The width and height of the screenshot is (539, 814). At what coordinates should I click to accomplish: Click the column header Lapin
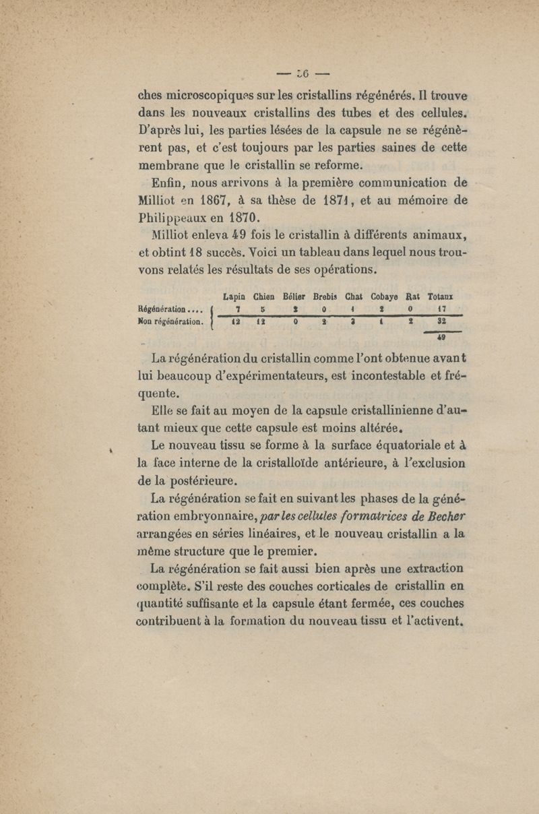(x=234, y=295)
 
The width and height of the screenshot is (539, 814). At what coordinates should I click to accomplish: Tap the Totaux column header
(x=442, y=295)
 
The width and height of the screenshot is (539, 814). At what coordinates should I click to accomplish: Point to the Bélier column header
(x=297, y=295)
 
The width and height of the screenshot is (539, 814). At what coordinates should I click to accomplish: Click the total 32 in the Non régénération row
(x=443, y=322)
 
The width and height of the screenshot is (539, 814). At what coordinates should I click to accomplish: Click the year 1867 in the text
(x=213, y=199)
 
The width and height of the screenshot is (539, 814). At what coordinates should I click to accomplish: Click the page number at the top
(x=297, y=72)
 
